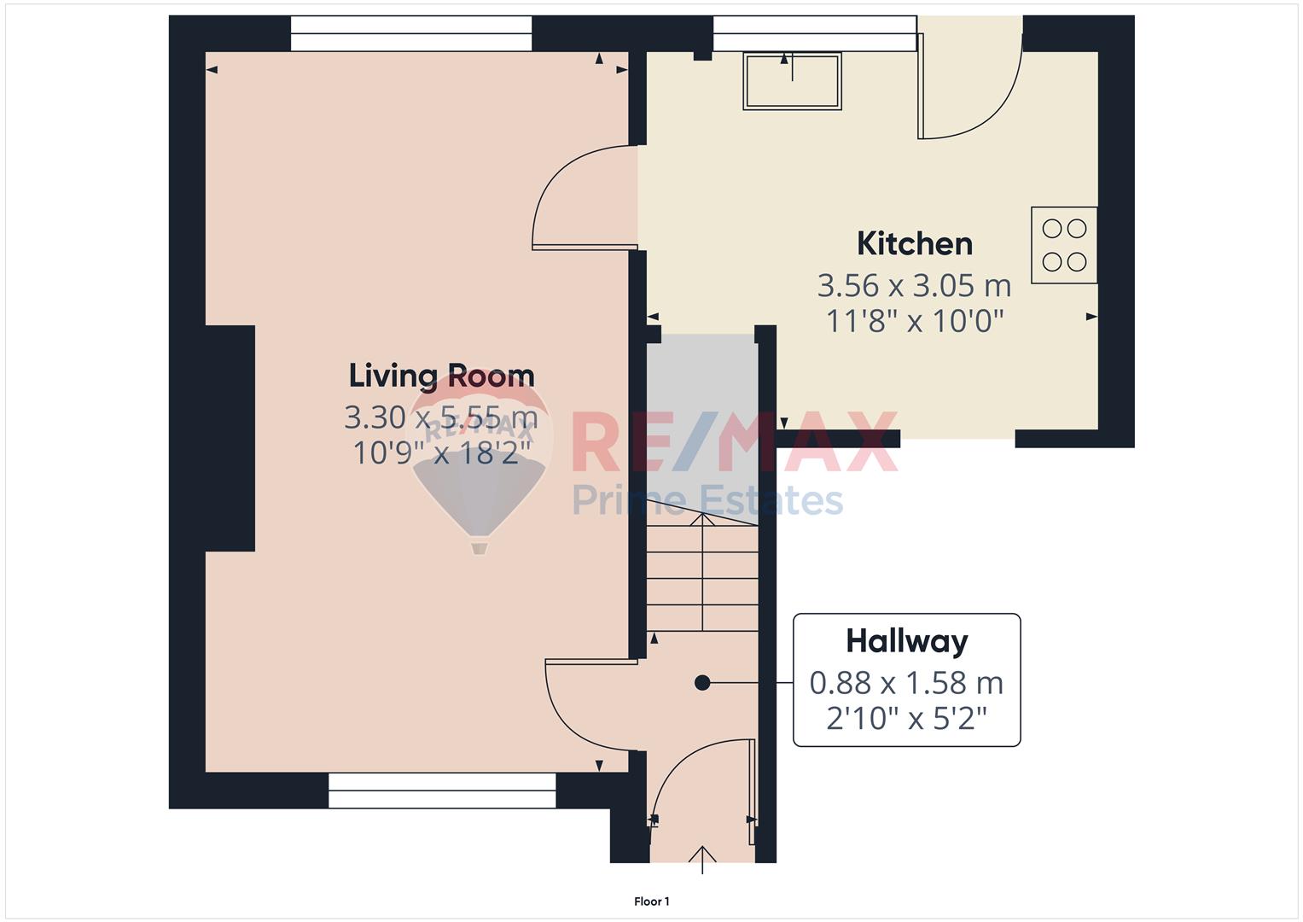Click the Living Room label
(441, 376)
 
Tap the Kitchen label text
(915, 243)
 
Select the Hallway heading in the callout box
(907, 642)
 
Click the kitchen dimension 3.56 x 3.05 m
(914, 285)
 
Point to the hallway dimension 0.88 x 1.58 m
(906, 683)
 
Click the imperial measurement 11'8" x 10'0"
(915, 321)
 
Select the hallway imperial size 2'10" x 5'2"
(907, 719)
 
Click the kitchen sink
(792, 81)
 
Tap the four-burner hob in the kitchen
(1064, 245)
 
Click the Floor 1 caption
(652, 902)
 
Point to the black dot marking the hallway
(702, 683)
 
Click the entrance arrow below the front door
(702, 860)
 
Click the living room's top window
(411, 34)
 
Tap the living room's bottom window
(442, 791)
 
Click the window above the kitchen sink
(815, 34)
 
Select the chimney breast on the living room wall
(230, 438)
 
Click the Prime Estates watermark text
(707, 500)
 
